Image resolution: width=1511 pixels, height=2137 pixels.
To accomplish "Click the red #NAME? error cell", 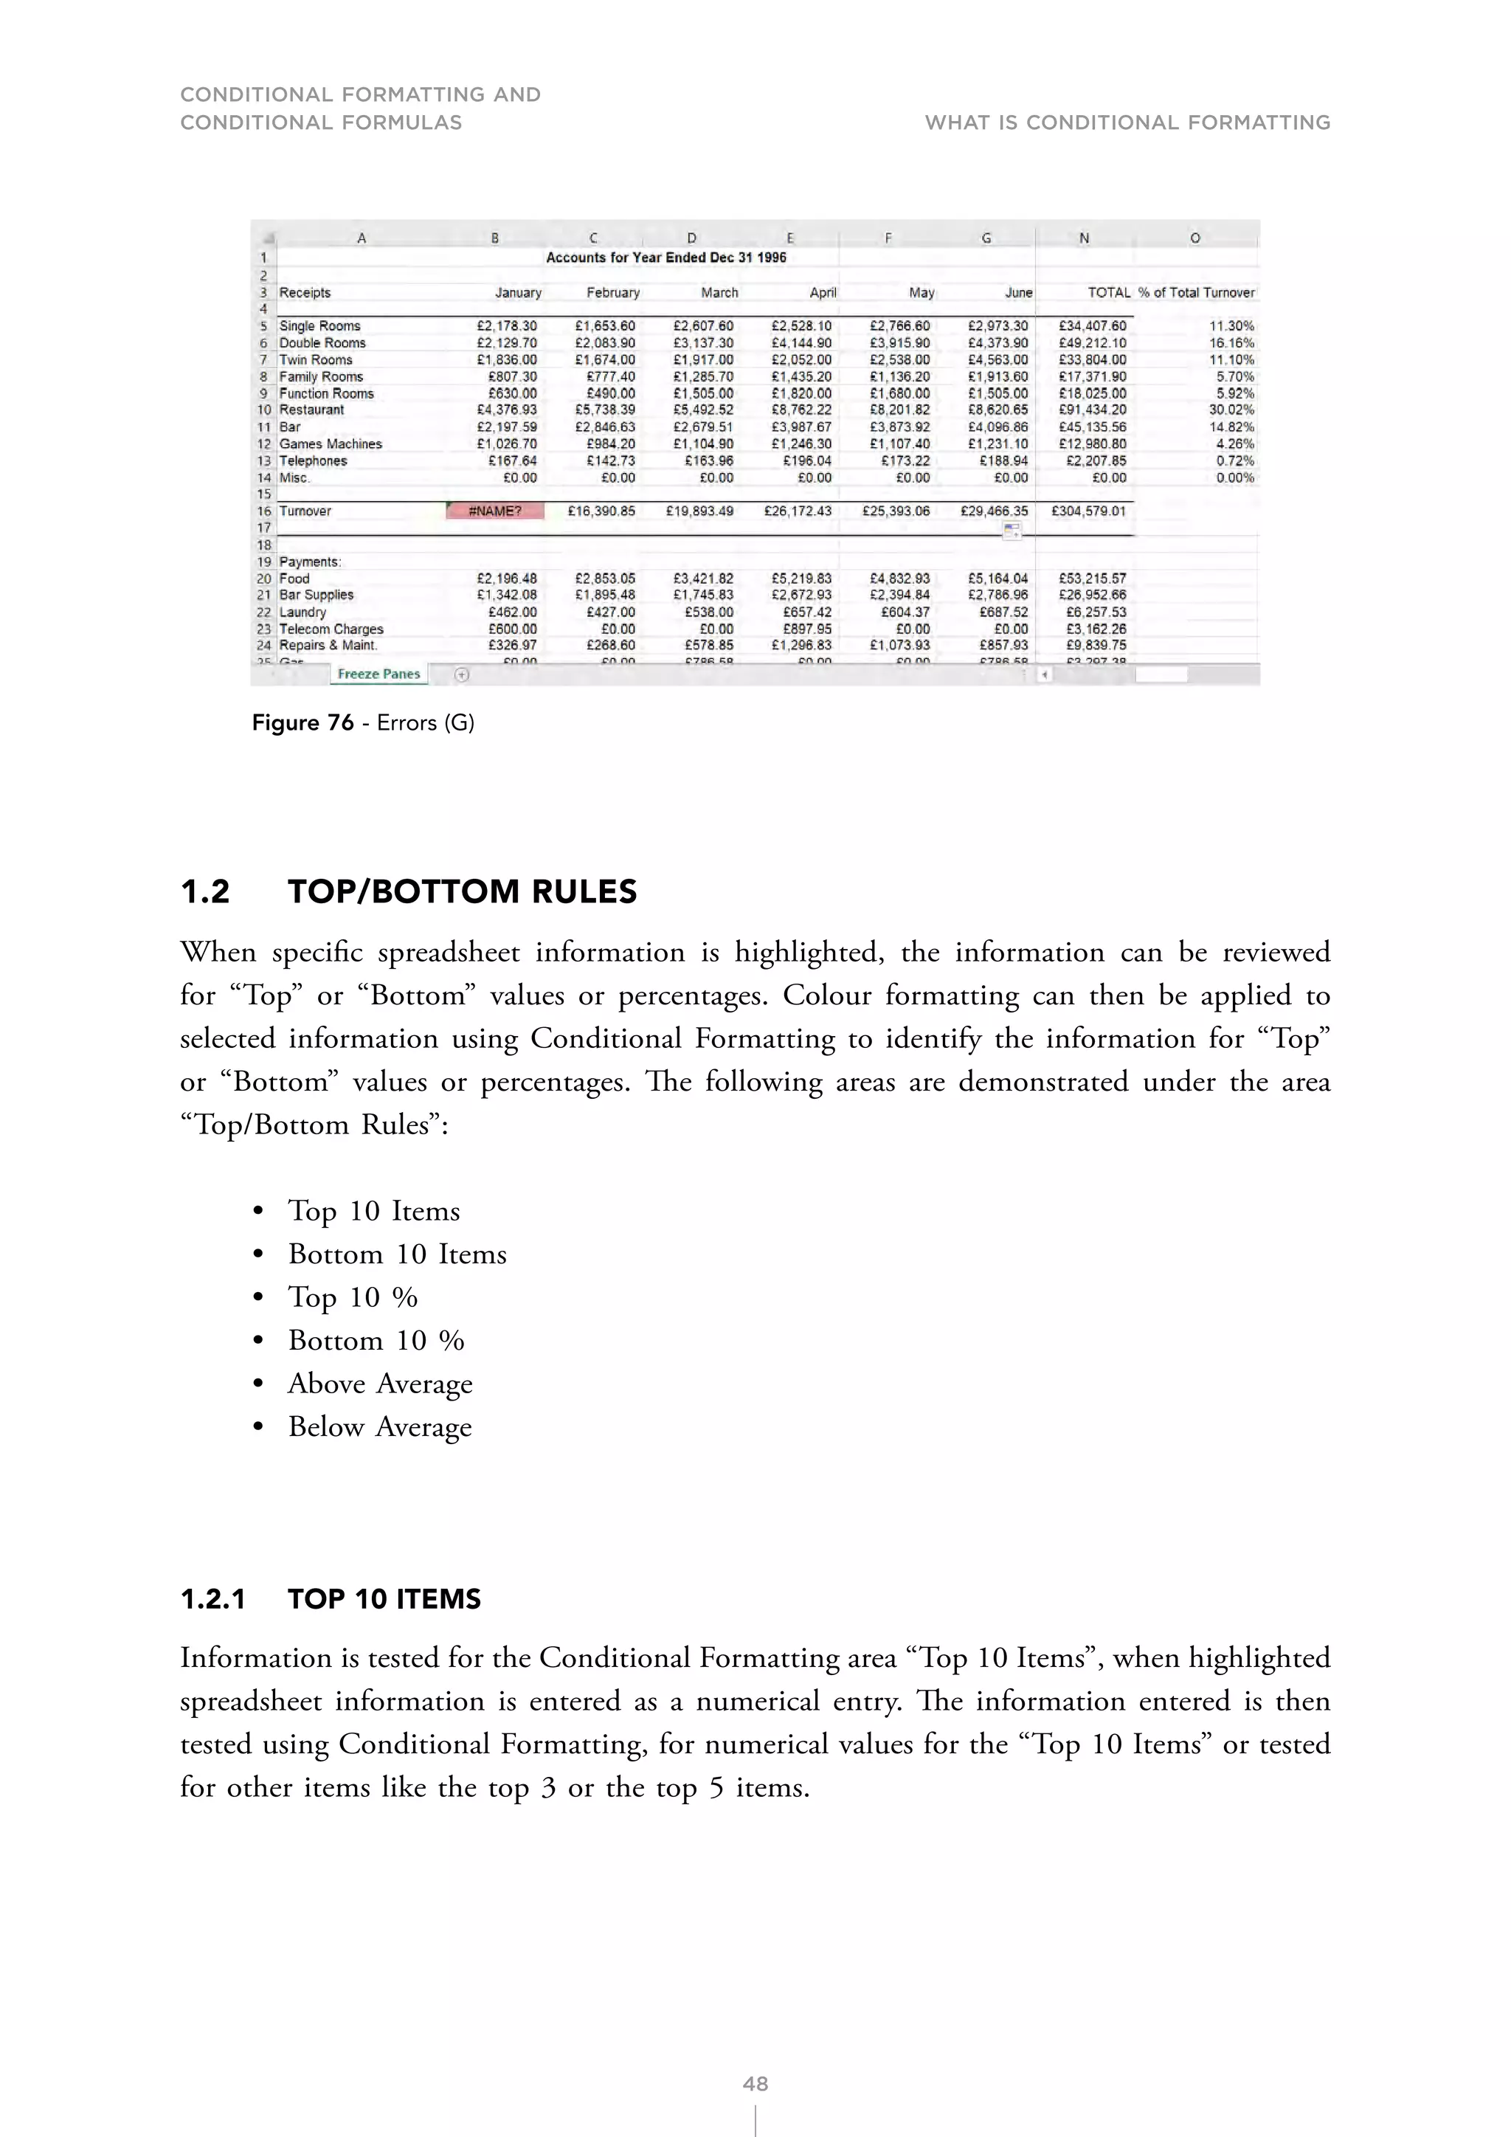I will pyautogui.click(x=495, y=511).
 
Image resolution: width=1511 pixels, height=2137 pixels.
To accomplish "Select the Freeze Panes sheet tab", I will pyautogui.click(x=378, y=674).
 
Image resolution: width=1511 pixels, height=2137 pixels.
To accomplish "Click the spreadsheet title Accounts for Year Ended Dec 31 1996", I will pyautogui.click(x=666, y=258).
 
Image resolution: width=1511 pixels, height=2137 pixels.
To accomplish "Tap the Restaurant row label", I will pyautogui.click(x=311, y=410).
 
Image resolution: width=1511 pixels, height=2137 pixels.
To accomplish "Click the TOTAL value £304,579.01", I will pyautogui.click(x=1088, y=511).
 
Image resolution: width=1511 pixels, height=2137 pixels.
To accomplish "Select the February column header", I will pyautogui.click(x=613, y=292).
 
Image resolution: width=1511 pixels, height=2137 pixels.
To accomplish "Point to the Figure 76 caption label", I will pyautogui.click(x=303, y=723).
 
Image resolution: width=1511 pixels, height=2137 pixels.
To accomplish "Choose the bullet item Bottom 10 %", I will pyautogui.click(x=376, y=1340).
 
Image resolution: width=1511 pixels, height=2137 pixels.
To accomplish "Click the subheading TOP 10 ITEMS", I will pyautogui.click(x=384, y=1599).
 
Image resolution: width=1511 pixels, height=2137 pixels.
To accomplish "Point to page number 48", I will pyautogui.click(x=755, y=2084).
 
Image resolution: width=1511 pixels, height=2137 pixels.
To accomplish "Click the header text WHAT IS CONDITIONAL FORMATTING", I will pyautogui.click(x=1127, y=122).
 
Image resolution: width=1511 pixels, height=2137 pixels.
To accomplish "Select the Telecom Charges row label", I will pyautogui.click(x=331, y=629).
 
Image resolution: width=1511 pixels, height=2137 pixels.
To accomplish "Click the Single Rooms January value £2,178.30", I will pyautogui.click(x=506, y=325).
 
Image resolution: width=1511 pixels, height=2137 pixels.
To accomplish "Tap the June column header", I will pyautogui.click(x=1018, y=292).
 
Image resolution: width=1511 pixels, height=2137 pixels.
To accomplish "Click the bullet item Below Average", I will pyautogui.click(x=380, y=1427).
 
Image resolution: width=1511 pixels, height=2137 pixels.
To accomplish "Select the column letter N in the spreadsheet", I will pyautogui.click(x=1084, y=238).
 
